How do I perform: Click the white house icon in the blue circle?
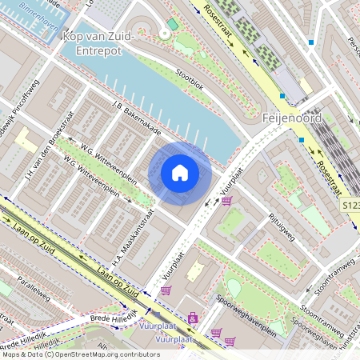click(180, 173)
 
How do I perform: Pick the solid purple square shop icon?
click(192, 318)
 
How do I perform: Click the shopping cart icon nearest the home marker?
click(226, 200)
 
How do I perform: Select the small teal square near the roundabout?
click(170, 25)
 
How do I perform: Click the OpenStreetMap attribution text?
click(80, 354)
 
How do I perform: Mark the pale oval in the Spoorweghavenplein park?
click(234, 286)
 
